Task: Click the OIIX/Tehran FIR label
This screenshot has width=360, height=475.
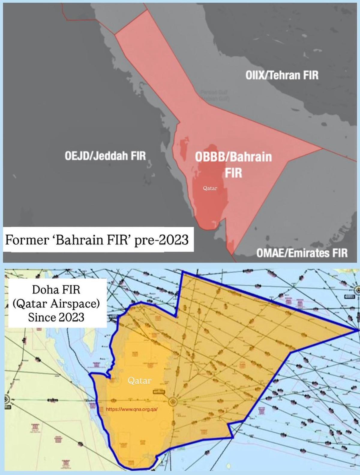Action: tap(282, 75)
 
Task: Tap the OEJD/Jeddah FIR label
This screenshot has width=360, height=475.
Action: tap(105, 156)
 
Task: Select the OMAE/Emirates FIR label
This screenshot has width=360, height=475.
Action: tap(302, 253)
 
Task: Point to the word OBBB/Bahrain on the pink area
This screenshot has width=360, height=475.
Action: tap(233, 157)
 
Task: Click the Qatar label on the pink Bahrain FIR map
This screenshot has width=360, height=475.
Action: tap(210, 188)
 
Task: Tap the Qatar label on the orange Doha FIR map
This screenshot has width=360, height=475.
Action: tap(139, 381)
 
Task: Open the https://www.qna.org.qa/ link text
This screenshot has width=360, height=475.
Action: tap(132, 409)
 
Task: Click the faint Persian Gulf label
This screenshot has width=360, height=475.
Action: tap(214, 95)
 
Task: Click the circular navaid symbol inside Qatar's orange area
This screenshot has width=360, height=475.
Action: tap(173, 402)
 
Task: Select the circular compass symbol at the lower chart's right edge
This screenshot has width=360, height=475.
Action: tap(357, 290)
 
